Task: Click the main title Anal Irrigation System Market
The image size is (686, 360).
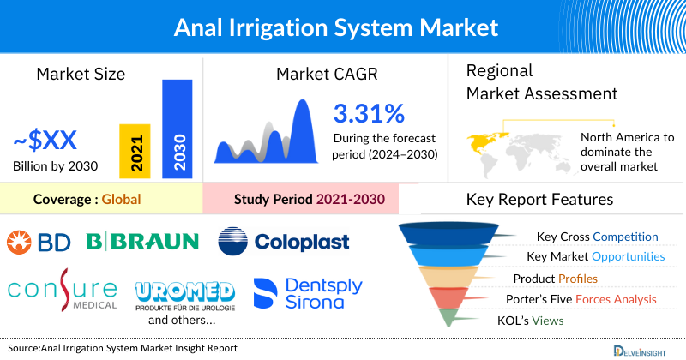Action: click(x=335, y=27)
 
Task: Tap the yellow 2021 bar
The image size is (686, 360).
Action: click(x=135, y=152)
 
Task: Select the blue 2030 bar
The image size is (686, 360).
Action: click(x=178, y=129)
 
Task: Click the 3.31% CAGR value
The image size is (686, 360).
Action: click(x=369, y=113)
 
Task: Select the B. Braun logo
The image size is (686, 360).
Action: click(x=142, y=242)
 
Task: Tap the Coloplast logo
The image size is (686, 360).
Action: click(x=284, y=242)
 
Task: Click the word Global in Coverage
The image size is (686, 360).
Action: click(x=121, y=201)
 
